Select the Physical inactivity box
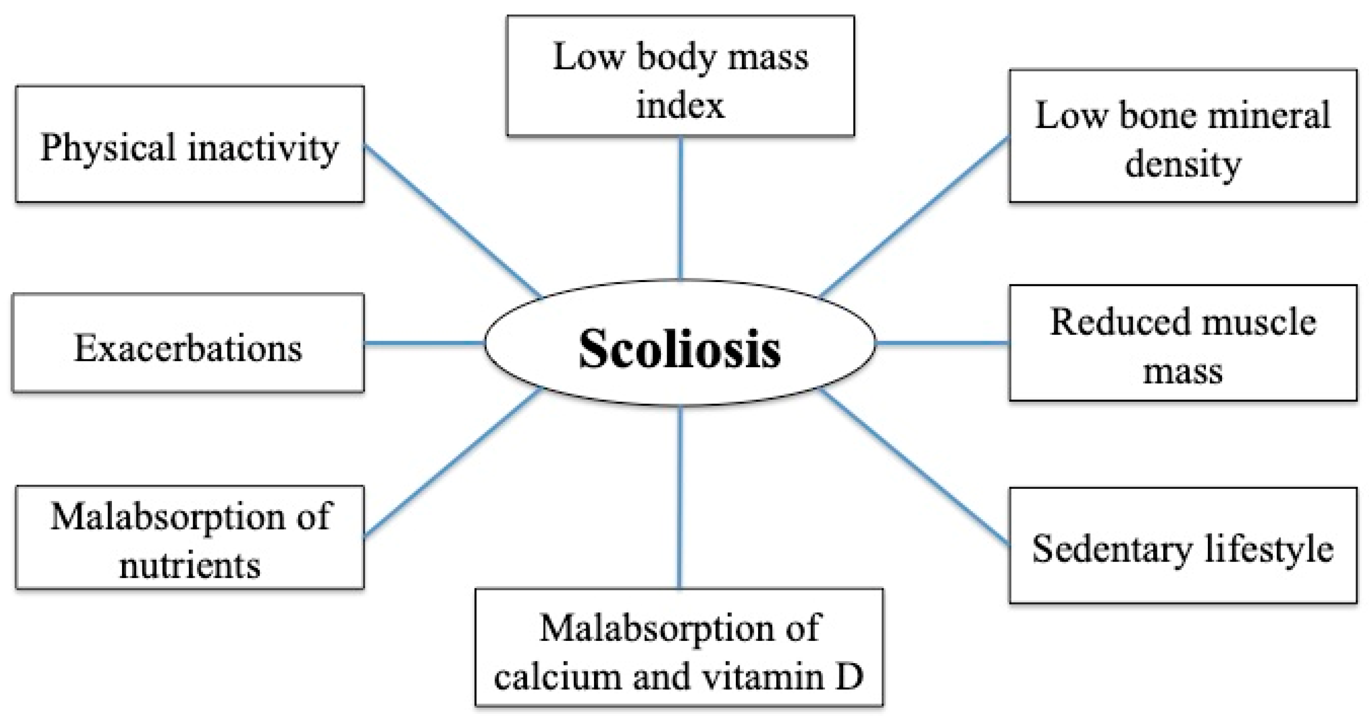pos(190,144)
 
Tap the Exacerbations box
pos(188,343)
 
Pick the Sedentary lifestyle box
pos(1183,546)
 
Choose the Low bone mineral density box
pos(1183,136)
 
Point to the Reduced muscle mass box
pos(1183,343)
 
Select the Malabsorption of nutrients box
pos(190,537)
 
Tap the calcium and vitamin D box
pos(679,647)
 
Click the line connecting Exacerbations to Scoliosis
pos(424,343)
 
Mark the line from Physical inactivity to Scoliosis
pos(452,220)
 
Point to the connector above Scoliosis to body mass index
pos(680,208)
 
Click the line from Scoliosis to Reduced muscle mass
pos(942,343)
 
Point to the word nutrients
pos(190,565)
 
